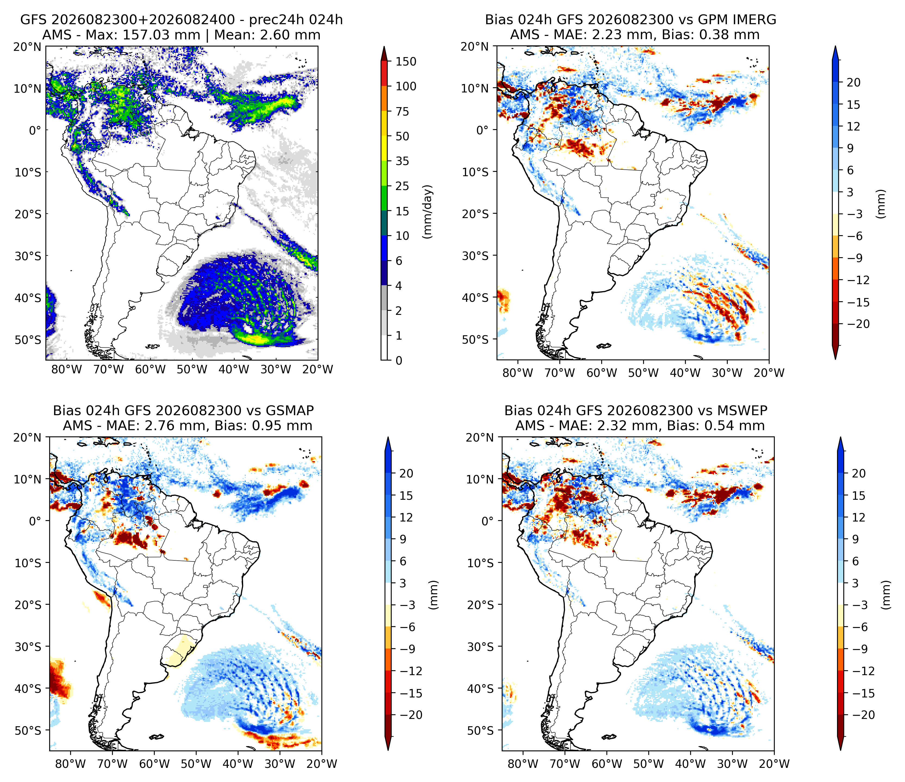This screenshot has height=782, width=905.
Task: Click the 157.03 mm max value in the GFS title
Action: pyautogui.click(x=162, y=35)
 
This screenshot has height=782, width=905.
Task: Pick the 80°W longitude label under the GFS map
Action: pyautogui.click(x=67, y=370)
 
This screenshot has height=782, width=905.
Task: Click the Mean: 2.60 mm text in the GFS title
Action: pyautogui.click(x=267, y=35)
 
